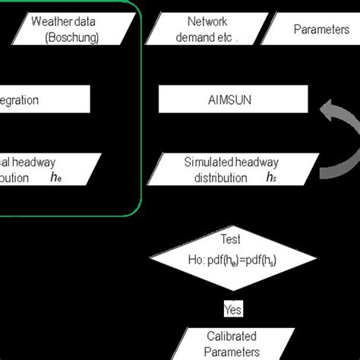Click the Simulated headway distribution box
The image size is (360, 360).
point(228,170)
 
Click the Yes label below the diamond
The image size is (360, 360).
point(232,309)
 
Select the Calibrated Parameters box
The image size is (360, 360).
point(232,343)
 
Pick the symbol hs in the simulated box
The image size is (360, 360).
point(271,178)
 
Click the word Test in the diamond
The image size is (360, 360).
point(230,238)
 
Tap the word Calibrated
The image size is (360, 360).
point(232,336)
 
